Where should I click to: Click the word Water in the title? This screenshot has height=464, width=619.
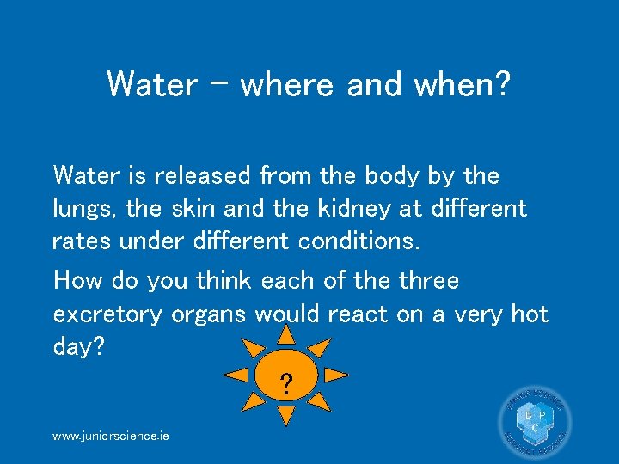point(150,83)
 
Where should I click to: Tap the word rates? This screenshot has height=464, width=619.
point(82,241)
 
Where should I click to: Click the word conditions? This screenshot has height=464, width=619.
point(359,241)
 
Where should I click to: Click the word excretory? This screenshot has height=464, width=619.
point(107,314)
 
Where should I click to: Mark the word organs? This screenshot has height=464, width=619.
point(209,314)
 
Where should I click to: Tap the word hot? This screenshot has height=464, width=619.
point(529,314)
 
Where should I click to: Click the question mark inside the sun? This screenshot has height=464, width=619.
point(286,382)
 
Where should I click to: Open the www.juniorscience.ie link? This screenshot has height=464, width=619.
point(111,436)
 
